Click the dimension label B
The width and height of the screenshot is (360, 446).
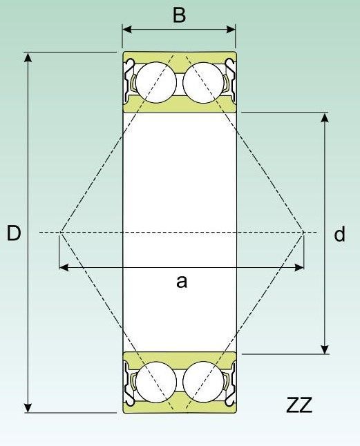179,15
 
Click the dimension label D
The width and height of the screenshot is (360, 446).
14,233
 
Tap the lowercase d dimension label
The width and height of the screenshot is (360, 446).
339,234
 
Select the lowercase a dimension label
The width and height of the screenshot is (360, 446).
182,282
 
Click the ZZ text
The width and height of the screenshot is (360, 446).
299,405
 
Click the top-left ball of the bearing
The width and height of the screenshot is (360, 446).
156,82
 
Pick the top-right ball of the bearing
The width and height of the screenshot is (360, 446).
203,82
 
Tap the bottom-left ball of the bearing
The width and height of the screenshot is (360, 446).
156,382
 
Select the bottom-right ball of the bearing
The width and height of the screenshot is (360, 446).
203,382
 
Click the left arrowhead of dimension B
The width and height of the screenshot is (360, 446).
127,29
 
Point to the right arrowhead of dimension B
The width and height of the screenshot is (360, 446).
231,29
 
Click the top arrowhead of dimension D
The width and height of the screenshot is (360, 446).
28,57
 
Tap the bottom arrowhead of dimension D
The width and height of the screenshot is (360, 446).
28,407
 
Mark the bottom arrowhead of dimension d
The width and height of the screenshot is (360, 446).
325,349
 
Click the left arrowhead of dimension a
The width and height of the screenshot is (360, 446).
64,267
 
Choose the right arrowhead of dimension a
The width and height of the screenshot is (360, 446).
299,267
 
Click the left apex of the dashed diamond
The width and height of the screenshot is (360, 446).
61,233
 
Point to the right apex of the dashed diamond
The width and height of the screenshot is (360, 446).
303,233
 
